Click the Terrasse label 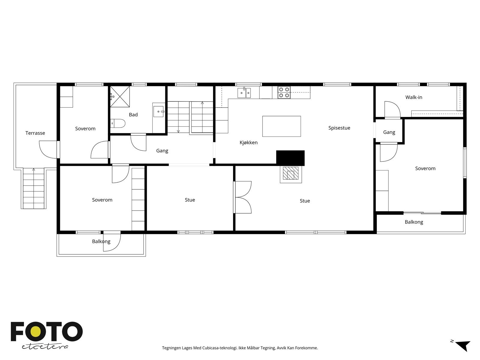(x=35, y=133)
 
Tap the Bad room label (x=133, y=115)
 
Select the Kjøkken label (x=248, y=142)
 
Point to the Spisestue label (x=339, y=128)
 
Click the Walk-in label (x=414, y=97)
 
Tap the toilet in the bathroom (x=117, y=123)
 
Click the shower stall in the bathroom (x=120, y=96)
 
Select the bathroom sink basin (x=158, y=112)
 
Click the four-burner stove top (x=284, y=92)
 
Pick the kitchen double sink (x=244, y=93)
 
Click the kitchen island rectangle (x=281, y=126)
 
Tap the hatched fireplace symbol (x=291, y=174)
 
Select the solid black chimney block (x=290, y=158)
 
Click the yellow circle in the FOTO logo (x=35, y=332)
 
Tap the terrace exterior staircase (x=34, y=188)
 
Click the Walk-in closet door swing (x=392, y=110)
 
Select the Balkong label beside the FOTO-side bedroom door (x=101, y=241)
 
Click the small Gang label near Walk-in (x=389, y=132)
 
